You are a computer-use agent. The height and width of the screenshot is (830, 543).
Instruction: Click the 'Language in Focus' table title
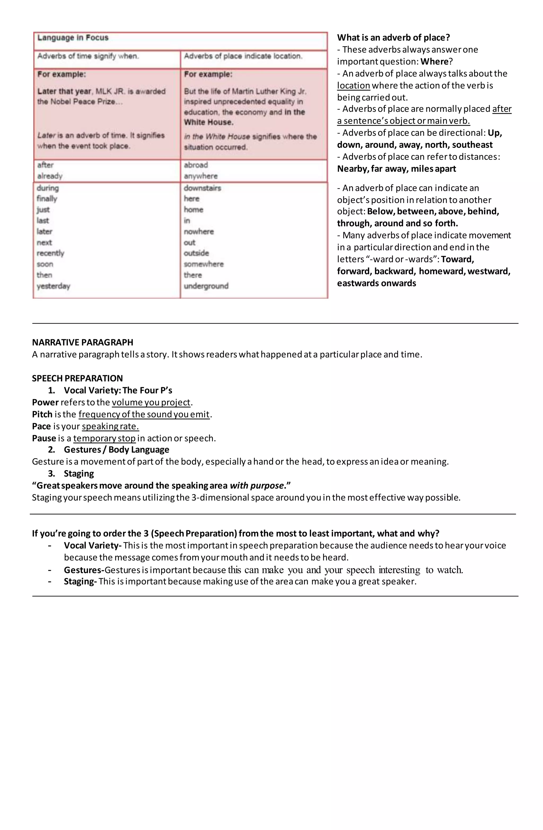73,38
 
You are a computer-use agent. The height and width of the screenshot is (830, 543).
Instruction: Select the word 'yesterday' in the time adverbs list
53,286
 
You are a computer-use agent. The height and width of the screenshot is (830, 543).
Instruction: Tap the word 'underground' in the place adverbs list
206,286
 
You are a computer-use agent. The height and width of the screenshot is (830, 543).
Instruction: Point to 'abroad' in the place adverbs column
196,165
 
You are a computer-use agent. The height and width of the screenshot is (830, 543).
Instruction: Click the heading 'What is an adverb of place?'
393,38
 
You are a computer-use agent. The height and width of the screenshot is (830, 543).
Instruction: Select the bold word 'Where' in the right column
434,62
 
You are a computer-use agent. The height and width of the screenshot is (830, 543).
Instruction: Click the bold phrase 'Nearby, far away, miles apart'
396,169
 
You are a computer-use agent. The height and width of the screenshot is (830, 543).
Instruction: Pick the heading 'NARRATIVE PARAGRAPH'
82,342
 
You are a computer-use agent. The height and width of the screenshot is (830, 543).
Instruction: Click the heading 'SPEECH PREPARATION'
77,378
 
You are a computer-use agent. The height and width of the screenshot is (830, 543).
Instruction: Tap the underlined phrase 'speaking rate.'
110,426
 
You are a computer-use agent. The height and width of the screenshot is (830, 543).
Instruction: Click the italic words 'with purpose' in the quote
256,486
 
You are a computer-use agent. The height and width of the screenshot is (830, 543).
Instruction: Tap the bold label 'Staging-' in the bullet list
80,582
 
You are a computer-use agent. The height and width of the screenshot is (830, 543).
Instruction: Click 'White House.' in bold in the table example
209,122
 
